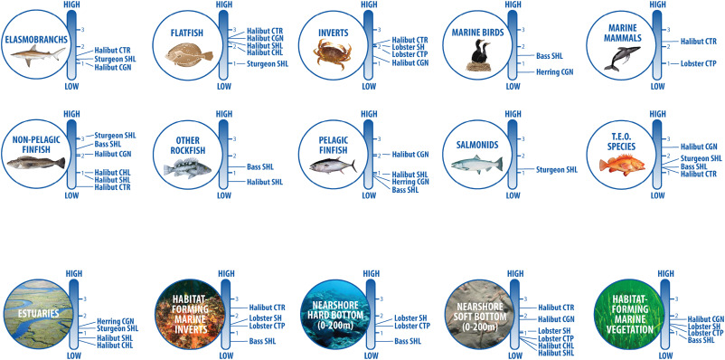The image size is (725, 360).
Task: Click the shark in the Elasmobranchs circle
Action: (38, 54)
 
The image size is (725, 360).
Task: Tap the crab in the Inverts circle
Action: (332, 54)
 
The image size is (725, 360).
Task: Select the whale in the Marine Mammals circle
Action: (621, 58)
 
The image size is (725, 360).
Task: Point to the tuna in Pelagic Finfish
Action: (333, 166)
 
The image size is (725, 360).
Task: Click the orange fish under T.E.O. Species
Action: (621, 165)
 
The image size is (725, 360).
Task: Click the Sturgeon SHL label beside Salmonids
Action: (557, 170)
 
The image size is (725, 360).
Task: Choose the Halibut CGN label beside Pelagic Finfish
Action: (410, 154)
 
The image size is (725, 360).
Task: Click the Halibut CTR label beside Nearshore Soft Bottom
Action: (556, 308)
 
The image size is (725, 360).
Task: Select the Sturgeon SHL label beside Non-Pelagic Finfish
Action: (115, 136)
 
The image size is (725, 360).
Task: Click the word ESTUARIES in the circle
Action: (39, 314)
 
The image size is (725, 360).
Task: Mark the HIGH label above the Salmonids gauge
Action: (513, 114)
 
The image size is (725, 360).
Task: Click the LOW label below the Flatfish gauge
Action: (224, 86)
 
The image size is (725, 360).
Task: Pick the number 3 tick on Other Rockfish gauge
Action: (234, 138)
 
